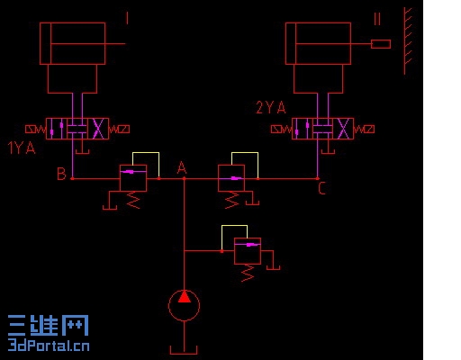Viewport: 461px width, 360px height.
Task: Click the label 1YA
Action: [x=22, y=148]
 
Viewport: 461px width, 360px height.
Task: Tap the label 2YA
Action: [x=271, y=107]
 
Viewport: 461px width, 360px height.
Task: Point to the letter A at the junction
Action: [x=182, y=168]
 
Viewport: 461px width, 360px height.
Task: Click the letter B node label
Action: [x=61, y=174]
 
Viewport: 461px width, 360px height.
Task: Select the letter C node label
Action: [x=321, y=189]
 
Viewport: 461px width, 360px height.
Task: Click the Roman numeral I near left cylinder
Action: [x=127, y=18]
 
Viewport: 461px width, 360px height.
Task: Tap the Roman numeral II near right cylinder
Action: [x=377, y=19]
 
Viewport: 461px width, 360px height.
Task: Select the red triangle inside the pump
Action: [x=185, y=296]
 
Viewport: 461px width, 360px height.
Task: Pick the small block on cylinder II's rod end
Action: [x=381, y=44]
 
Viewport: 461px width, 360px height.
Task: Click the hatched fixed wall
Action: [x=407, y=41]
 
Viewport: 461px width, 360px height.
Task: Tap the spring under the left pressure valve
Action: [x=133, y=200]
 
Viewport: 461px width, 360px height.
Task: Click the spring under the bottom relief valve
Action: [x=248, y=273]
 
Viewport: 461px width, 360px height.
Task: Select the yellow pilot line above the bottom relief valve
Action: [x=234, y=226]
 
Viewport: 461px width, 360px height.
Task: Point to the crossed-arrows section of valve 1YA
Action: [x=98, y=129]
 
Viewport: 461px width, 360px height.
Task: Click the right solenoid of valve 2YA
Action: [x=364, y=130]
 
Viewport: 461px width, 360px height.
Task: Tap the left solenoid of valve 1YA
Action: [x=36, y=130]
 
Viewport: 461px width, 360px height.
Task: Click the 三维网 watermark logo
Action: [x=49, y=326]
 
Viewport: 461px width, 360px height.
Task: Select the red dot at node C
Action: [x=318, y=179]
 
